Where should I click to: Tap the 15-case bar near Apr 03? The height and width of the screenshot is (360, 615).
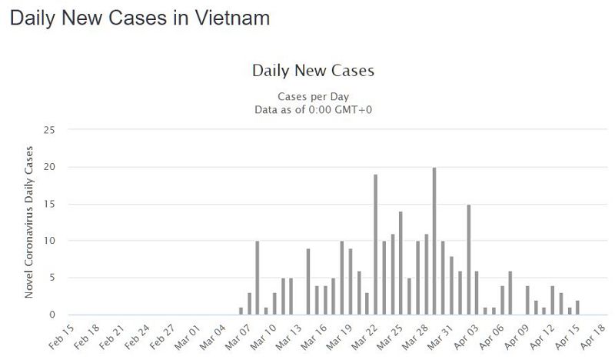468,259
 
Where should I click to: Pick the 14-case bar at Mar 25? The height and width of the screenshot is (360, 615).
401,263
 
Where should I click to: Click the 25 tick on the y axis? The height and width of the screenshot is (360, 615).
51,130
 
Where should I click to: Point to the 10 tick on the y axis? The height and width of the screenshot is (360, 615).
51,241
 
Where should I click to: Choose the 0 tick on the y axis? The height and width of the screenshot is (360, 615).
53,315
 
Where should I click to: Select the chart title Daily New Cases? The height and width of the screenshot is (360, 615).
313,71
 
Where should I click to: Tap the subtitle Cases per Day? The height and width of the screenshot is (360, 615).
313,96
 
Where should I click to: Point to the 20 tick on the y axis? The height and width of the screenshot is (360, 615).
51,167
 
